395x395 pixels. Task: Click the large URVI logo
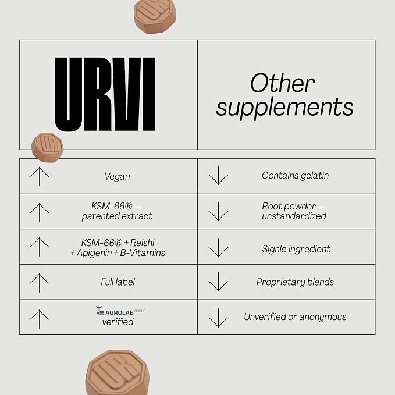pos(105,94)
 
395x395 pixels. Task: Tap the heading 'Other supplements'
pos(284,95)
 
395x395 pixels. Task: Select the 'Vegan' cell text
pos(118,176)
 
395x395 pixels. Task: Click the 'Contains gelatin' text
pos(296,175)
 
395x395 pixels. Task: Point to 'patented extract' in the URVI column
pos(117,216)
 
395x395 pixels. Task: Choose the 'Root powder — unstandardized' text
pos(294,211)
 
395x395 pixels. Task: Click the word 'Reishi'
pos(143,243)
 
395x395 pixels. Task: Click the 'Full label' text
pos(118,282)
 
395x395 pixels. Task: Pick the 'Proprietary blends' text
pos(296,282)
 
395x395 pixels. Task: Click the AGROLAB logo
pos(120,310)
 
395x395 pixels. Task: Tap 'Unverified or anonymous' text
pos(296,317)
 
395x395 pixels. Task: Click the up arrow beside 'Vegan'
pos(40,177)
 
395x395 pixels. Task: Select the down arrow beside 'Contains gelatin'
pos(218,175)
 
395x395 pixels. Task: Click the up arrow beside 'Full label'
pos(40,283)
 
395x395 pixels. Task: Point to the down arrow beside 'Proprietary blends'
pos(218,282)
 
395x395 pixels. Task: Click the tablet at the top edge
pos(154,16)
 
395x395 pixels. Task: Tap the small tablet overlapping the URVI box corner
pos(47,148)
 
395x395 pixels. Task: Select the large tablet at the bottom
pos(117,372)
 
